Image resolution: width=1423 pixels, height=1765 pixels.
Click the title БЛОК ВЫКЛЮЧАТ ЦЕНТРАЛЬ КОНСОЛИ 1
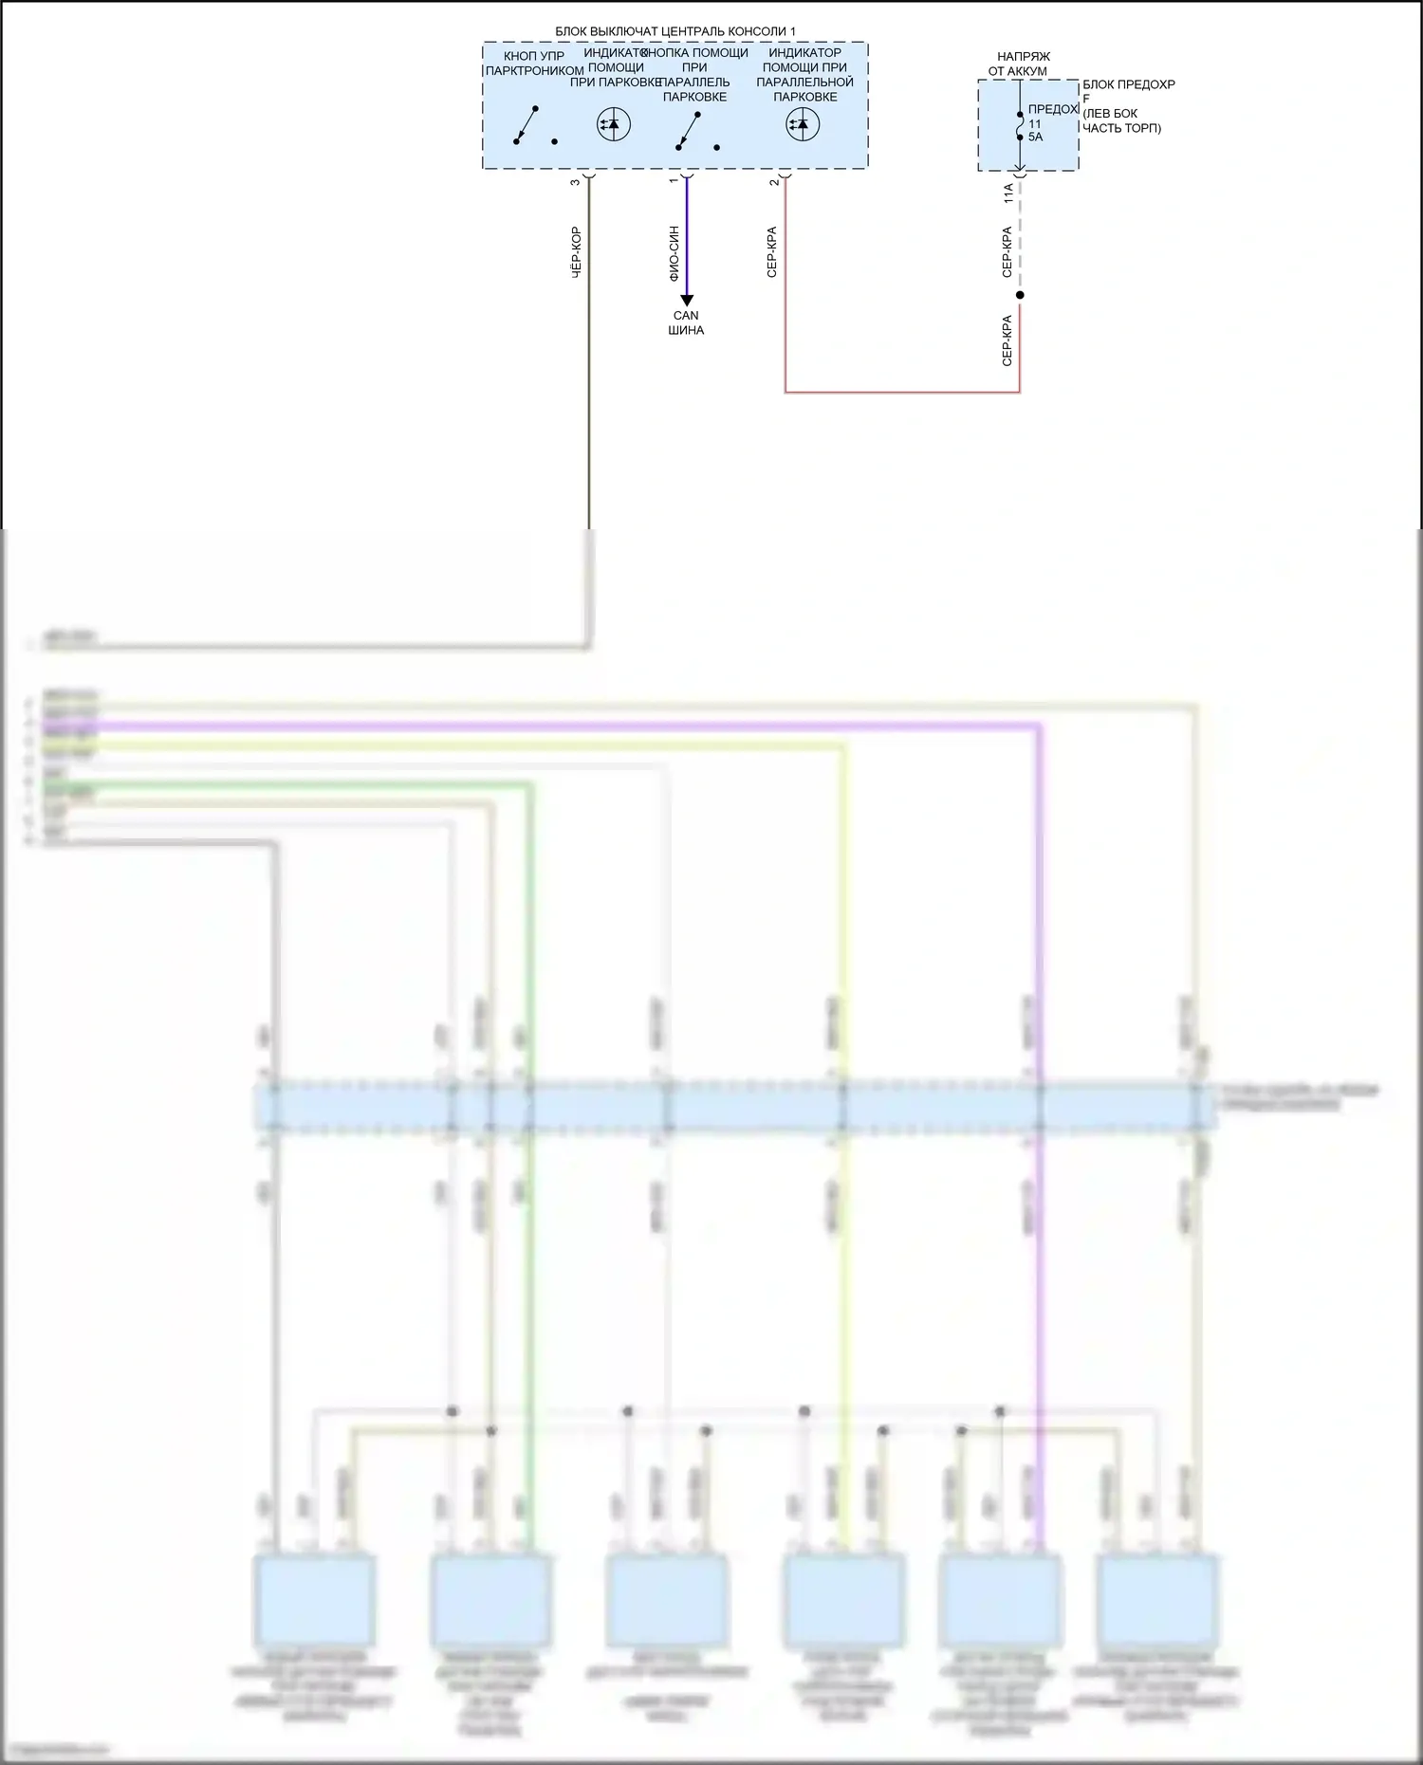point(675,32)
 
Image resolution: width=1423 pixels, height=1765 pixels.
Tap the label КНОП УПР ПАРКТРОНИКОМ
point(534,64)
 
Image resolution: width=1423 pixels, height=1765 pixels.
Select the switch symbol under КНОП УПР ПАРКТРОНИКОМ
point(527,126)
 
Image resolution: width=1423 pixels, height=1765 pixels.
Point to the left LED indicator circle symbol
point(614,124)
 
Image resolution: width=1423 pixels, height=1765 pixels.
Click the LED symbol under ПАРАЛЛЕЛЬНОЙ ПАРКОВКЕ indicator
point(804,124)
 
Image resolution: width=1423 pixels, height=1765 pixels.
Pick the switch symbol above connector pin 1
point(689,131)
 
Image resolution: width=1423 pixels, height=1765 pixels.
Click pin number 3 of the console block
point(575,181)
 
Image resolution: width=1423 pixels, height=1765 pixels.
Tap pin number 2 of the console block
point(774,181)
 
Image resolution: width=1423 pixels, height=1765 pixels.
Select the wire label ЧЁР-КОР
point(576,252)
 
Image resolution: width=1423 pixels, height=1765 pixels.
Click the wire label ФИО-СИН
point(675,253)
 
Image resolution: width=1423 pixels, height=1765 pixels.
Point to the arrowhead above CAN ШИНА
point(687,301)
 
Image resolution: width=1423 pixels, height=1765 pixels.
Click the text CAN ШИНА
point(686,323)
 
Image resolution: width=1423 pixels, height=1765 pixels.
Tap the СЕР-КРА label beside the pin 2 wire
point(772,252)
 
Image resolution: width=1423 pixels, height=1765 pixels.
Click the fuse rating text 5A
point(1035,137)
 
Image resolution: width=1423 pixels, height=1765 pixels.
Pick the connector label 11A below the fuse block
point(1008,193)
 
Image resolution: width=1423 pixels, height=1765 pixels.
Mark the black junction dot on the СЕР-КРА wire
point(1020,295)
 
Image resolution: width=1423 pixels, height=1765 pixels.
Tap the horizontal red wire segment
point(901,391)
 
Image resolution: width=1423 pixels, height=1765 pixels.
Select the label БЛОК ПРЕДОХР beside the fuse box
point(1129,84)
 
